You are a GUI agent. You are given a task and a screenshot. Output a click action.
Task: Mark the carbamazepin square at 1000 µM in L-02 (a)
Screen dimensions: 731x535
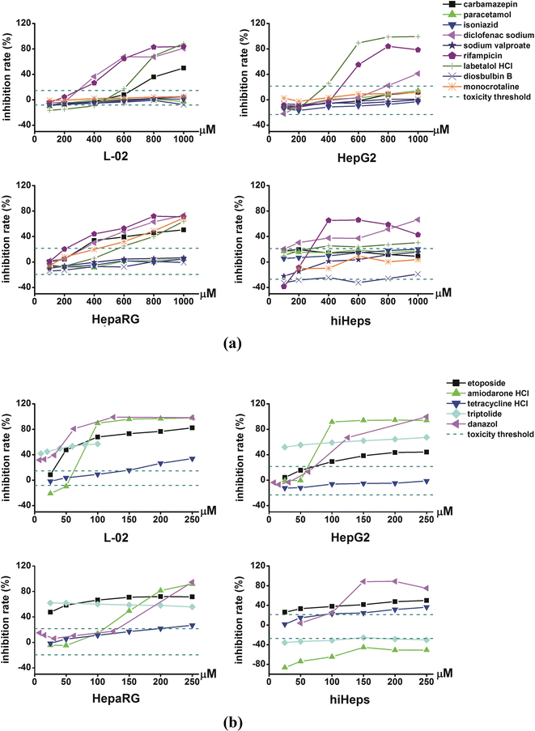click(184, 68)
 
